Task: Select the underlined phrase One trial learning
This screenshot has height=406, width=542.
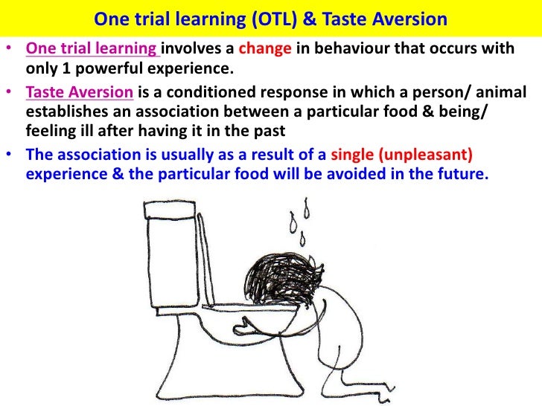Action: click(92, 50)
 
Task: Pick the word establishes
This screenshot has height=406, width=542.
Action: click(66, 113)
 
